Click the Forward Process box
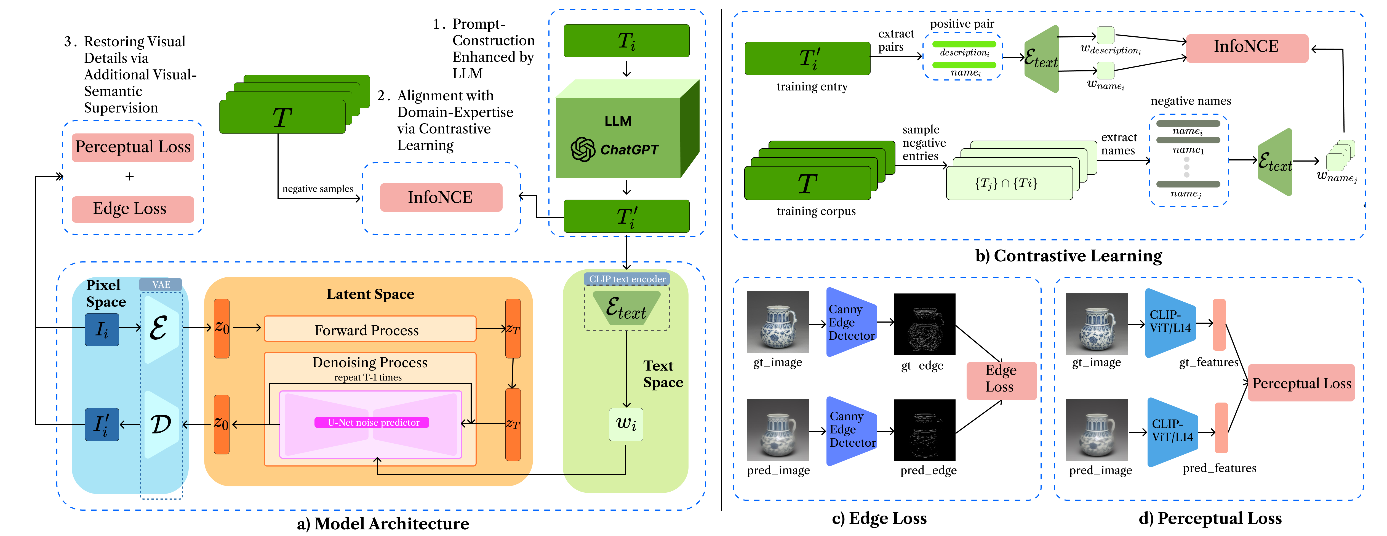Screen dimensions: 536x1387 tap(370, 329)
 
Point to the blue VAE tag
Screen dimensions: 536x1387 tap(161, 284)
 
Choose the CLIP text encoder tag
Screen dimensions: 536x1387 tap(627, 279)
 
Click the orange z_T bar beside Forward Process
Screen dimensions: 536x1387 tap(513, 328)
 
